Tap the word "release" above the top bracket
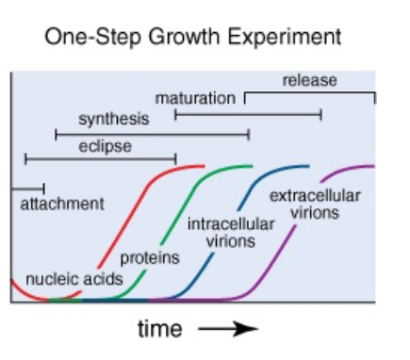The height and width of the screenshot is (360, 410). pos(309,81)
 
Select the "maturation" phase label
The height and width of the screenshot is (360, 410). pos(195,99)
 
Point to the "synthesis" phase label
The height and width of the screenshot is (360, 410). pos(113,120)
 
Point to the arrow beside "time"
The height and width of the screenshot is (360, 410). pos(228,329)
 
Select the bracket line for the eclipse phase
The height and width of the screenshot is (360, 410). pos(100,158)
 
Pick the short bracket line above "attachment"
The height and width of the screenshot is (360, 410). pos(27,189)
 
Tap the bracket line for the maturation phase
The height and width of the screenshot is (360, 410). pos(248,114)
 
